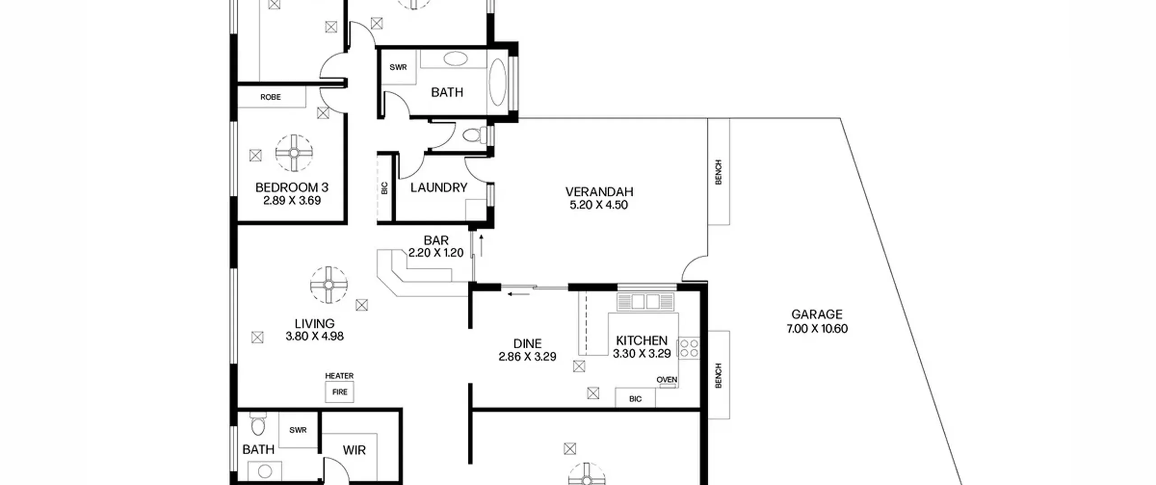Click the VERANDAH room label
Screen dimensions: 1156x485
point(599,192)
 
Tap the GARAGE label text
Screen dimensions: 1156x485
point(817,314)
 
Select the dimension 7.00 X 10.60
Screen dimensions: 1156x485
point(817,329)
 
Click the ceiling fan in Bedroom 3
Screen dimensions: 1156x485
point(294,153)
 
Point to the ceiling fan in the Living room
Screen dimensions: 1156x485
point(329,285)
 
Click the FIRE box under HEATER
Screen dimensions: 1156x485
point(340,392)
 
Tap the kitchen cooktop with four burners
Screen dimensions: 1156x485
point(689,348)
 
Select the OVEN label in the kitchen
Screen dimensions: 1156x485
point(667,380)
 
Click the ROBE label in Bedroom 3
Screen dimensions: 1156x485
point(270,97)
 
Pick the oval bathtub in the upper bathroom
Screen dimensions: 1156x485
point(498,82)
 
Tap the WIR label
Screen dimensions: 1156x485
point(354,450)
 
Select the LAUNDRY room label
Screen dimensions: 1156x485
point(438,188)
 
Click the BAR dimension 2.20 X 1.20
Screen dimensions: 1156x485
point(436,253)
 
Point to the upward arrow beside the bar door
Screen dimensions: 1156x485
point(481,245)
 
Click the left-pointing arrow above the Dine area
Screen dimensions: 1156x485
point(518,295)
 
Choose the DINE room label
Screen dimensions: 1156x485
point(527,344)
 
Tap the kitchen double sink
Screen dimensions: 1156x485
point(646,301)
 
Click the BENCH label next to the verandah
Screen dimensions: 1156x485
point(718,172)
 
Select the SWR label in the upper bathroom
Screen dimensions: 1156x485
point(398,67)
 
